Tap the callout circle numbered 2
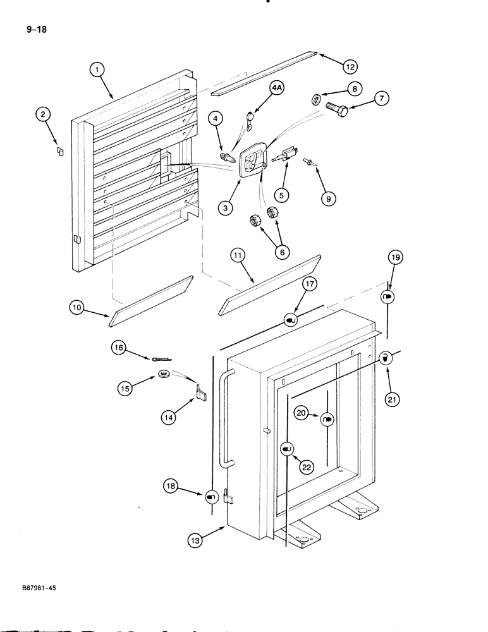pos(42,114)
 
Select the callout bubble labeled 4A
pos(276,89)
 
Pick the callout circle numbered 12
pos(350,66)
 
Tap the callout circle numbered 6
pos(282,252)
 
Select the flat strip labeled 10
pos(150,301)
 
